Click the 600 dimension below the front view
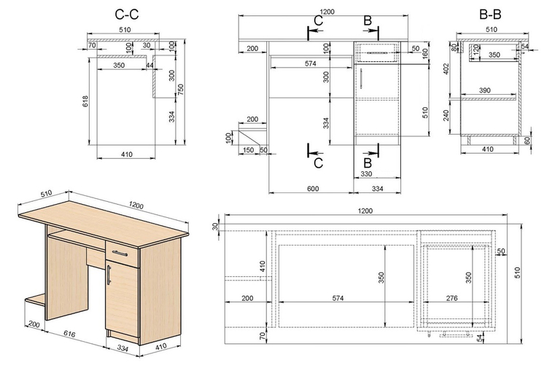[312, 189]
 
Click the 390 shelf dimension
[485, 90]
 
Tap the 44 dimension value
[150, 66]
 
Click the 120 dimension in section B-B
[477, 50]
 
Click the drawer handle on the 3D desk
[120, 254]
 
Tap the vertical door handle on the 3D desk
[108, 277]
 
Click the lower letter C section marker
[318, 163]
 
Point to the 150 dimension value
[248, 150]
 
